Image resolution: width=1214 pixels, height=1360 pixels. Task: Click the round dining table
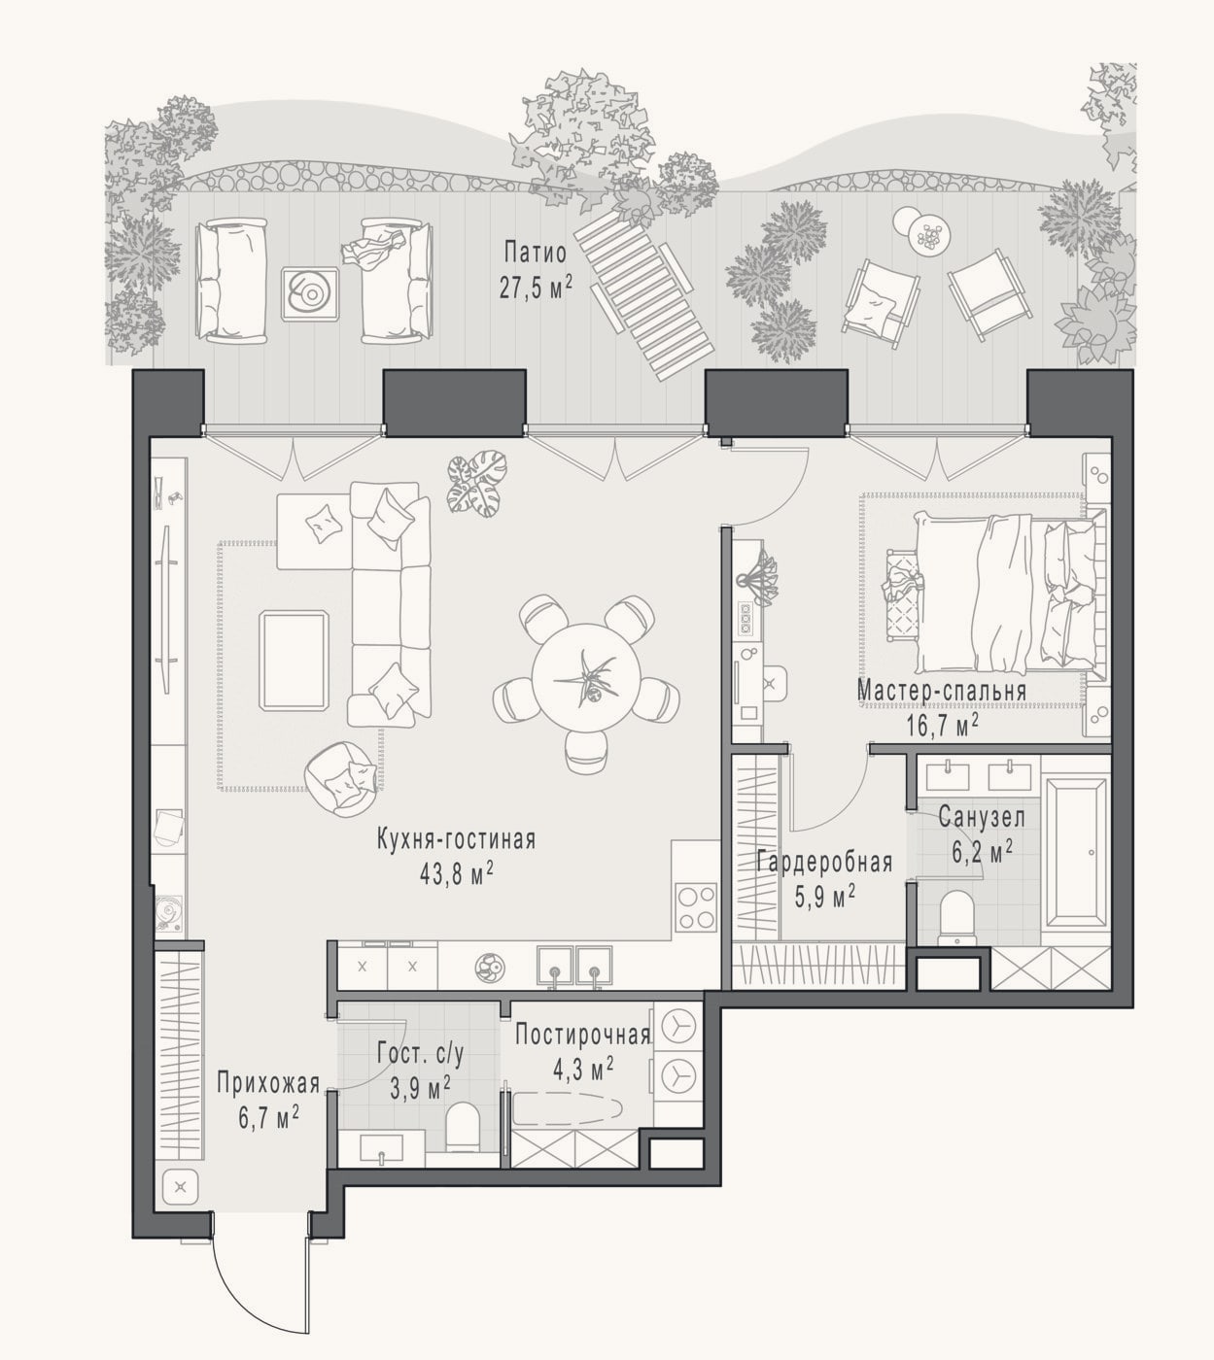pyautogui.click(x=582, y=675)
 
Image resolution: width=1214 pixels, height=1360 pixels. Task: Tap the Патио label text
pyautogui.click(x=536, y=254)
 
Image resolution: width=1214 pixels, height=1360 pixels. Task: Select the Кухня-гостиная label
pyautogui.click(x=457, y=839)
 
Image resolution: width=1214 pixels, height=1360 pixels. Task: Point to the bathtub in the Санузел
pyautogui.click(x=1075, y=855)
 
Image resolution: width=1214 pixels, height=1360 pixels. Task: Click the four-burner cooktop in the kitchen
pyautogui.click(x=695, y=908)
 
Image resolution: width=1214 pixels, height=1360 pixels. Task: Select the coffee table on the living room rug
pyautogui.click(x=295, y=660)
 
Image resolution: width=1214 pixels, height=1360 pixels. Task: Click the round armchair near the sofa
pyautogui.click(x=339, y=779)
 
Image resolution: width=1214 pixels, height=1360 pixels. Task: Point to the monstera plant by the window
pyautogui.click(x=476, y=483)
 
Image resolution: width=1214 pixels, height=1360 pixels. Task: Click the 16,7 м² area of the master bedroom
pyautogui.click(x=942, y=725)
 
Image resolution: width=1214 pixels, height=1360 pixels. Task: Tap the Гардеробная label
pyautogui.click(x=824, y=862)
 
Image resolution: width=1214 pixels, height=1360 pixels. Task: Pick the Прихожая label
pyautogui.click(x=268, y=1082)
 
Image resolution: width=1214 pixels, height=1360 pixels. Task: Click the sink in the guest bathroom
pyautogui.click(x=381, y=1148)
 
